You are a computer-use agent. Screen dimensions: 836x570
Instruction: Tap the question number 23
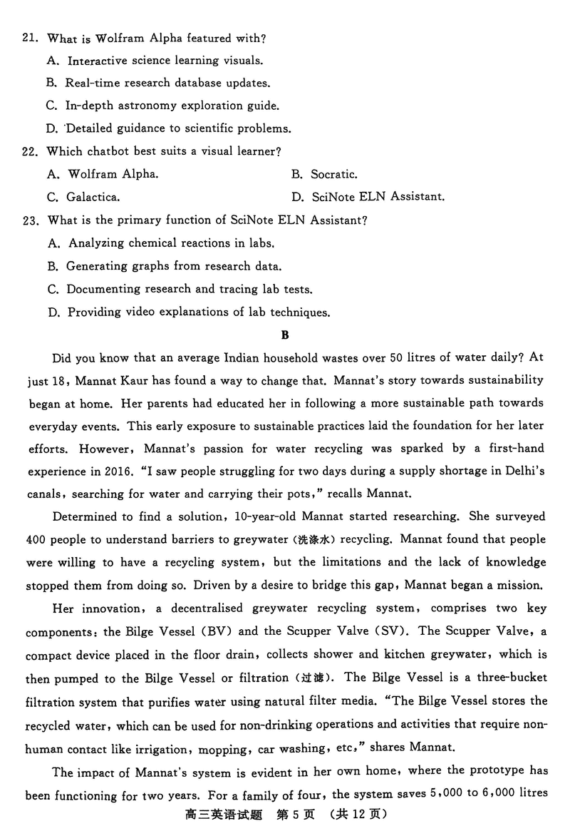(x=31, y=220)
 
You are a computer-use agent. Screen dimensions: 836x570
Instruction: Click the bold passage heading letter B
(x=285, y=335)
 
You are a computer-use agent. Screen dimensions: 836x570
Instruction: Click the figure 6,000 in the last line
(x=496, y=793)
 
